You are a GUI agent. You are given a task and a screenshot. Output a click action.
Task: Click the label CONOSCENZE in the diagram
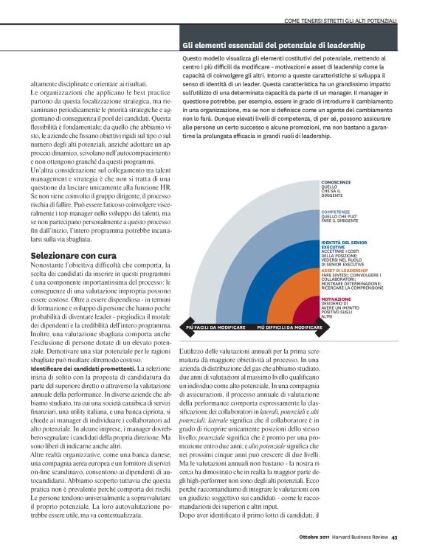336,181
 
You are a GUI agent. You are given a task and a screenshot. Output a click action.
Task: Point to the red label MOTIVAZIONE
336,299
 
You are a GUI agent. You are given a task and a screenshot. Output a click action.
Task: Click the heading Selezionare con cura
69,254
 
